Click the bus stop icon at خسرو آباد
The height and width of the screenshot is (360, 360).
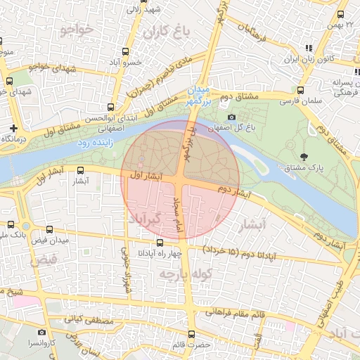coord(125,51)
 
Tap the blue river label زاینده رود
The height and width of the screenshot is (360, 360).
coord(93,143)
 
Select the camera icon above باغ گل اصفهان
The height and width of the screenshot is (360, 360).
coord(231,117)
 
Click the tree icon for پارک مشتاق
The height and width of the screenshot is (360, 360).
coord(303,156)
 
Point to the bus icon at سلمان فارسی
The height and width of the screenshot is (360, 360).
coord(300,90)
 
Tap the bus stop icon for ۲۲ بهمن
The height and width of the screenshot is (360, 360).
coord(341,14)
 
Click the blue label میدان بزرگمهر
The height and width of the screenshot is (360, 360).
coord(199,96)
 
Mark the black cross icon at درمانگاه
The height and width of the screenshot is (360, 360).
coord(14,128)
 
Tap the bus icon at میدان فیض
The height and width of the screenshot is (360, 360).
coord(49,229)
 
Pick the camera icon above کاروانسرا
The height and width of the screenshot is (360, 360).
coord(41,332)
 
